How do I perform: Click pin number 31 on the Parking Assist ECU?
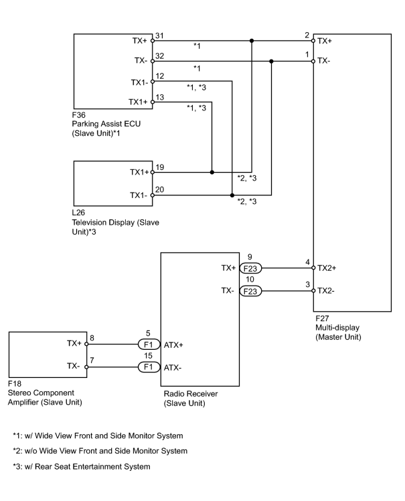click(x=159, y=35)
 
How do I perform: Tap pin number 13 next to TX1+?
click(x=160, y=97)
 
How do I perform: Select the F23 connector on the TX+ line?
click(x=250, y=268)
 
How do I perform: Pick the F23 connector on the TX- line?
click(x=250, y=291)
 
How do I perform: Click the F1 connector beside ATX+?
click(x=149, y=344)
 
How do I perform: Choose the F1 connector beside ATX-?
click(x=149, y=367)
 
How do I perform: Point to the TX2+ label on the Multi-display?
click(x=327, y=268)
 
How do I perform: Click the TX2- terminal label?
click(x=326, y=291)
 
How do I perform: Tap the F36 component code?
click(x=78, y=115)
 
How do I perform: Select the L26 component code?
click(x=78, y=213)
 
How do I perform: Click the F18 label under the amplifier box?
click(x=14, y=383)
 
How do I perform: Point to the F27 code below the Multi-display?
click(x=322, y=318)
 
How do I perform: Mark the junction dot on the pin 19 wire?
click(x=212, y=172)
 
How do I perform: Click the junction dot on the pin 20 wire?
click(x=232, y=195)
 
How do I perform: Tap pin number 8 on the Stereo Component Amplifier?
click(x=92, y=338)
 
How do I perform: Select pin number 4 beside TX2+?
click(x=307, y=262)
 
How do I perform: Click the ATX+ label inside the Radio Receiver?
click(x=173, y=345)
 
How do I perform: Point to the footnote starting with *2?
click(x=100, y=451)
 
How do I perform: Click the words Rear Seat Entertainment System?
click(x=92, y=466)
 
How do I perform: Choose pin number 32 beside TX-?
click(x=160, y=56)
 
